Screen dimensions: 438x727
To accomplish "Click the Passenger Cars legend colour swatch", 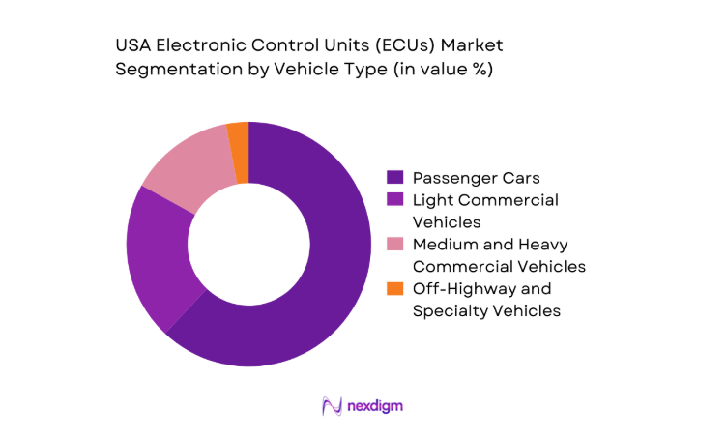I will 394,178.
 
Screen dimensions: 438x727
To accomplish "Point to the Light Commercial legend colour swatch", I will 394,200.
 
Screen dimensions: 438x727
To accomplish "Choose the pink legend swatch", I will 394,245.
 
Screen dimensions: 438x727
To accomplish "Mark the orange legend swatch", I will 394,289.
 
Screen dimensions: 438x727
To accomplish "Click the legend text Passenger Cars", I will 477,178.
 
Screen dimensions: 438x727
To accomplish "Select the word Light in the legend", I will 432,200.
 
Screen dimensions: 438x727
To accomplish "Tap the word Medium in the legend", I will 445,245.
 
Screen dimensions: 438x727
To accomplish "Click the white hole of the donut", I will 248,244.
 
